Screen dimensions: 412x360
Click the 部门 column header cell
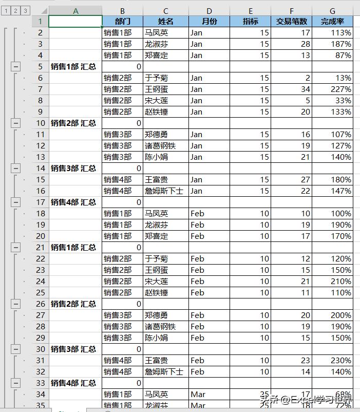pyautogui.click(x=122, y=21)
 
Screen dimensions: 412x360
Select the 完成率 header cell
pyautogui.click(x=332, y=21)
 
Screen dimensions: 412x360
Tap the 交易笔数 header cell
pyautogui.click(x=291, y=21)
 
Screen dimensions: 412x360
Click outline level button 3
pyautogui.click(x=25, y=10)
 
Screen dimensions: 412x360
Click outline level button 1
pyautogui.click(x=6, y=10)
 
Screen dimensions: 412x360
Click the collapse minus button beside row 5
pyautogui.click(x=16, y=66)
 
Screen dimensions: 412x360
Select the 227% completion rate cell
pyautogui.click(x=332, y=89)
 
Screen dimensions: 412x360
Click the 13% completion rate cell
pyautogui.click(x=332, y=78)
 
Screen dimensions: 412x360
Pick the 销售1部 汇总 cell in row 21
pyautogui.click(x=75, y=247)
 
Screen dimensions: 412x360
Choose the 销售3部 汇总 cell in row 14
pyautogui.click(x=75, y=168)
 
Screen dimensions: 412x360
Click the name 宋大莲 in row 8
pyautogui.click(x=165, y=100)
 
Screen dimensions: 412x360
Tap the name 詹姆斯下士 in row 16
pyautogui.click(x=165, y=191)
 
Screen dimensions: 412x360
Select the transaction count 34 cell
pyautogui.click(x=291, y=89)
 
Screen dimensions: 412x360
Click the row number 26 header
pyautogui.click(x=41, y=304)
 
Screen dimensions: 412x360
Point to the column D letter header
pyautogui.click(x=209, y=10)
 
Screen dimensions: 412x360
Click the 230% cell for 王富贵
pyautogui.click(x=332, y=360)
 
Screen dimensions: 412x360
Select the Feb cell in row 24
pyautogui.click(x=209, y=281)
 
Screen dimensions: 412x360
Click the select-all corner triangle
pyautogui.click(x=42, y=11)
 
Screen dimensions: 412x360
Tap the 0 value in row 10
pyautogui.click(x=122, y=123)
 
